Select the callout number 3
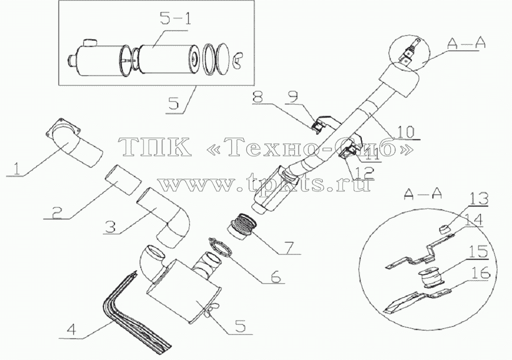[110, 226]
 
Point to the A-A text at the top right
[466, 43]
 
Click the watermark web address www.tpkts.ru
[265, 184]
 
